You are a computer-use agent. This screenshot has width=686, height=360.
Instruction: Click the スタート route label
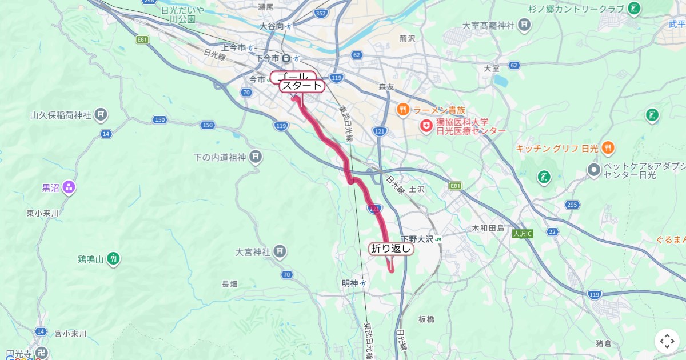tap(302, 86)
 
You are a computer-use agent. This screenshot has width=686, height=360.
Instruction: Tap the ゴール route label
tap(293, 77)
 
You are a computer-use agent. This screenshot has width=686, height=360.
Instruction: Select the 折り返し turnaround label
tap(391, 249)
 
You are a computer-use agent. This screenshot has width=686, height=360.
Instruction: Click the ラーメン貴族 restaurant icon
tap(403, 110)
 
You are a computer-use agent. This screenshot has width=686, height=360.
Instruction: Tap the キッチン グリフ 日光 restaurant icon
tap(608, 148)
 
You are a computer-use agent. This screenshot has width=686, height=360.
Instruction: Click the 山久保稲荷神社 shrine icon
tap(101, 115)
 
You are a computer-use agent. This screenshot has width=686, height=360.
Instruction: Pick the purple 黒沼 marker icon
tap(69, 187)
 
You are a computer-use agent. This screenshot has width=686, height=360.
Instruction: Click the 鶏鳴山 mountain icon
tap(114, 259)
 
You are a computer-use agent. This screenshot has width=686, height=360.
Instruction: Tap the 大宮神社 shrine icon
tap(280, 251)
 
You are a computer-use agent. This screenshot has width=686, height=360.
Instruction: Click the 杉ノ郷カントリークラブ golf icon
tap(633, 9)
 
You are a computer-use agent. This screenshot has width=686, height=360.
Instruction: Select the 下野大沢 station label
tap(416, 239)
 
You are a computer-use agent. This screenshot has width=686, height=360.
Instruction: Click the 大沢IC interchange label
tap(523, 234)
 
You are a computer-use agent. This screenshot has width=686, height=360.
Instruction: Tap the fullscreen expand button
tap(667, 341)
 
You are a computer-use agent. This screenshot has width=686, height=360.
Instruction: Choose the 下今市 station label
tap(268, 58)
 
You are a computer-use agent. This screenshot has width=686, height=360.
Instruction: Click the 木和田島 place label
tap(488, 228)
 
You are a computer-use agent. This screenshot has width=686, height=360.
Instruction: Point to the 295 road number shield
tap(571, 204)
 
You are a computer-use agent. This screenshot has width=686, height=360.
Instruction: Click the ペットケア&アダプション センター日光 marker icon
tap(594, 170)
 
